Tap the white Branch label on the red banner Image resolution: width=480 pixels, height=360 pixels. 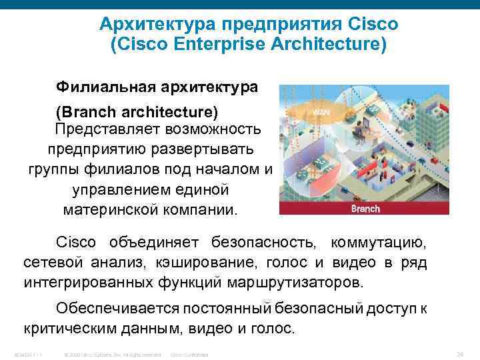365,208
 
